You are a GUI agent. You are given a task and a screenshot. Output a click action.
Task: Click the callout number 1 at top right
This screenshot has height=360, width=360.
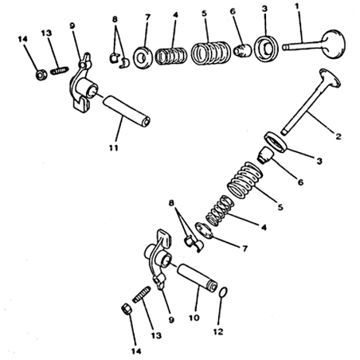[297, 6]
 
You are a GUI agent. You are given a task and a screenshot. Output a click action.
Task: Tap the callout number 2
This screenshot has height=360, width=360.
[338, 136]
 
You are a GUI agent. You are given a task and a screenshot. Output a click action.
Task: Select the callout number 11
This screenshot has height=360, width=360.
[113, 147]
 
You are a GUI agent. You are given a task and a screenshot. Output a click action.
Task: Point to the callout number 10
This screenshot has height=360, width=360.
[194, 318]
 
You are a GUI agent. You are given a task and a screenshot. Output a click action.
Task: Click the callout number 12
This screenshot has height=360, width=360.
[218, 331]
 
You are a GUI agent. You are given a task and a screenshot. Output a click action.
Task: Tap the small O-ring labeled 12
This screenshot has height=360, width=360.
[223, 292]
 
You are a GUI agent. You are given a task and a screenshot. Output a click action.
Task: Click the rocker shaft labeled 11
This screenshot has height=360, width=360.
[127, 111]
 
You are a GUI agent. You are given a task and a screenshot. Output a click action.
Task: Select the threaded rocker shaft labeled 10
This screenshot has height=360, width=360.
[198, 278]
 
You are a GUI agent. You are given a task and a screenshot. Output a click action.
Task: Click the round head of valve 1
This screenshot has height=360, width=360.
[333, 44]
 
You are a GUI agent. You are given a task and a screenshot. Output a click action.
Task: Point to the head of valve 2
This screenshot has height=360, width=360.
[330, 78]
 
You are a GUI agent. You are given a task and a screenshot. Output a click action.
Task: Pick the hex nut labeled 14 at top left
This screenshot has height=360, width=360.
[41, 75]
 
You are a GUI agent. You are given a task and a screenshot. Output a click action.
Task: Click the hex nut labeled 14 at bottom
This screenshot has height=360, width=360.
[127, 310]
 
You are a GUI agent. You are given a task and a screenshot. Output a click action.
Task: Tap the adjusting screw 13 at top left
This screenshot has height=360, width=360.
[59, 71]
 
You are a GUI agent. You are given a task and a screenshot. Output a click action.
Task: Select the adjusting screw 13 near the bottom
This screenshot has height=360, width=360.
[142, 294]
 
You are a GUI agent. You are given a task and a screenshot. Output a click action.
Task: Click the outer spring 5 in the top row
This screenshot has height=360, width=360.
[210, 53]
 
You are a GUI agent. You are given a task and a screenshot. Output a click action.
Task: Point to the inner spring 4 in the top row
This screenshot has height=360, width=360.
[171, 56]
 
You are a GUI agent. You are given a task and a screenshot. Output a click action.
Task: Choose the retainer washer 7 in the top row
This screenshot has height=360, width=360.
[143, 57]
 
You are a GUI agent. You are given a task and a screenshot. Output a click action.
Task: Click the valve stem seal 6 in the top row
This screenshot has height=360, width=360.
[242, 50]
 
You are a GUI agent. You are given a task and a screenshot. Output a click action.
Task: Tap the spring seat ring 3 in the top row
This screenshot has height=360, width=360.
[267, 49]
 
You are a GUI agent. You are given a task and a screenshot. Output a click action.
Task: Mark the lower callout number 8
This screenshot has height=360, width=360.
[171, 203]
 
